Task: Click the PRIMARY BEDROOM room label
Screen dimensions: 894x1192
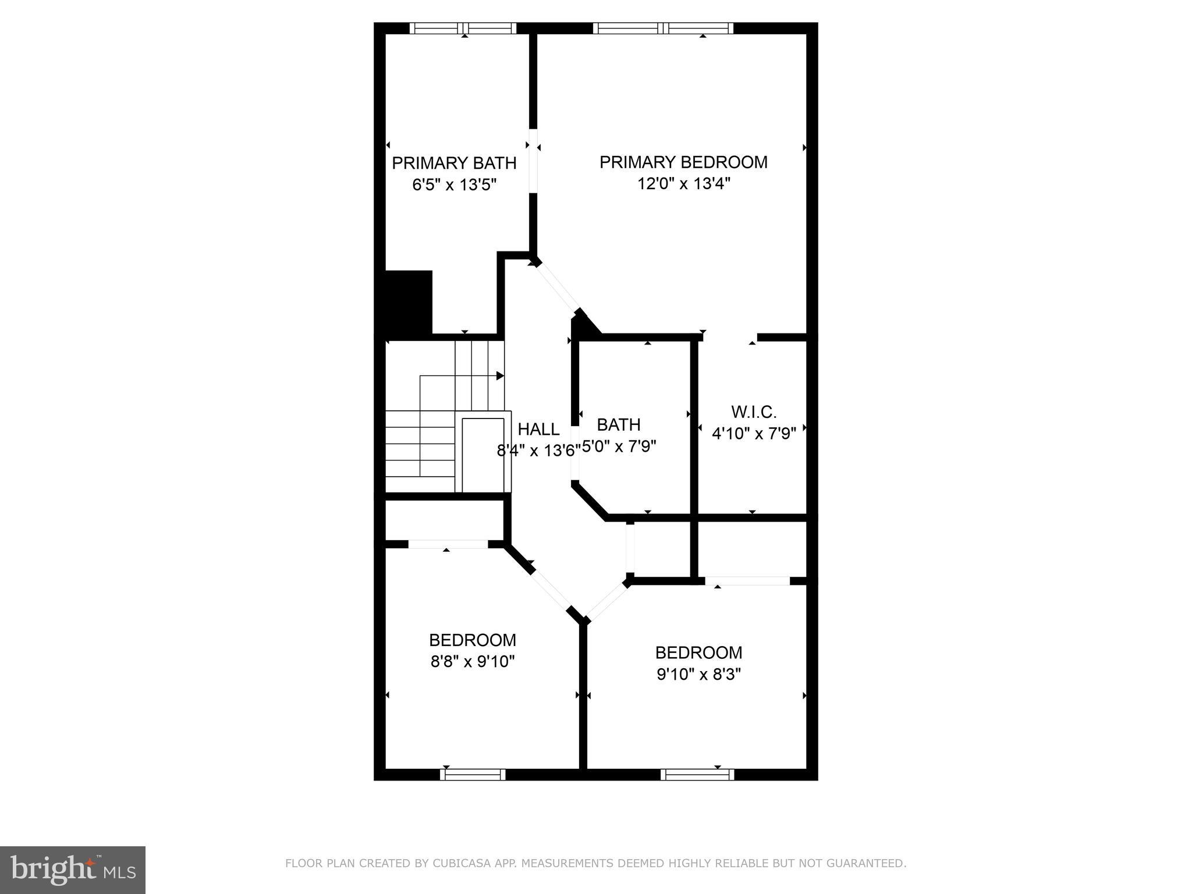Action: point(683,162)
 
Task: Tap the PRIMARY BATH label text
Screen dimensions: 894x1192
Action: point(454,164)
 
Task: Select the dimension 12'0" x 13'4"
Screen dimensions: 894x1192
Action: point(683,185)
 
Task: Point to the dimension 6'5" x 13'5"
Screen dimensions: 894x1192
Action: point(454,185)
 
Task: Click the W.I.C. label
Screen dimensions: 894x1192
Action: point(754,412)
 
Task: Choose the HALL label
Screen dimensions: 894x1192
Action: point(538,430)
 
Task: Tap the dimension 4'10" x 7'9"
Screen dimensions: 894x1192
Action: point(754,434)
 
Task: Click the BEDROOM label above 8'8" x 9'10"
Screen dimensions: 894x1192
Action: point(473,640)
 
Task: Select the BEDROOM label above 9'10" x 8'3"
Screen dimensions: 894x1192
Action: point(698,652)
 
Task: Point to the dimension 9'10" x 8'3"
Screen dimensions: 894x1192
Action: point(698,675)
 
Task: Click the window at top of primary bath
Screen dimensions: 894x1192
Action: point(463,28)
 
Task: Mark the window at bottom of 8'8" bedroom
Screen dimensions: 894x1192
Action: point(473,775)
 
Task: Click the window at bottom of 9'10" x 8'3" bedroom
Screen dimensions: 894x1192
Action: point(697,775)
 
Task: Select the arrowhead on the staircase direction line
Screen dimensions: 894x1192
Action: point(500,376)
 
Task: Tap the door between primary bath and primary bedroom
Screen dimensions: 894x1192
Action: point(533,160)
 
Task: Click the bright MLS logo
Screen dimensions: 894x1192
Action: point(73,870)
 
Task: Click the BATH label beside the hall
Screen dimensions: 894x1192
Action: point(619,425)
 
